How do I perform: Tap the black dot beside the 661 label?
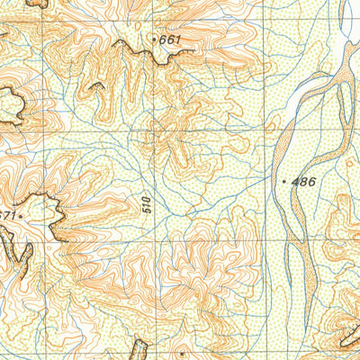156,39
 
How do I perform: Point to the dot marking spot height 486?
285,182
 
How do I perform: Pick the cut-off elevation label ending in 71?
6,216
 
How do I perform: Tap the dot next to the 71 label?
20,216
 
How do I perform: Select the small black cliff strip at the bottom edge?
139,349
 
